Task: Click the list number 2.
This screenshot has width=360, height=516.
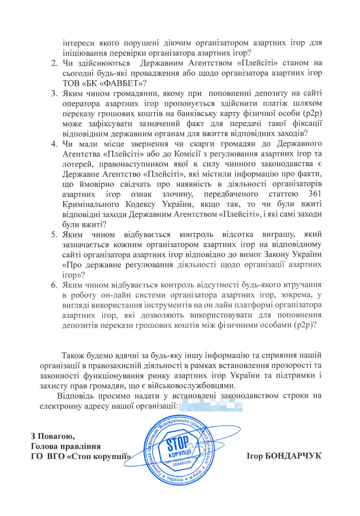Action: click(54, 63)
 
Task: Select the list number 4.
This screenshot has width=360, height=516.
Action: click(54, 144)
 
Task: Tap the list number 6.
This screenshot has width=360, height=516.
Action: click(54, 285)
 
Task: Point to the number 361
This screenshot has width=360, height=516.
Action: click(315, 194)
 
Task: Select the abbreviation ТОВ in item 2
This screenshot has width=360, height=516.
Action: click(71, 83)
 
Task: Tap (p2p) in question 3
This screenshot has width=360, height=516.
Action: click(312, 114)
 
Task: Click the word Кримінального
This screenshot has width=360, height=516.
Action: click(91, 204)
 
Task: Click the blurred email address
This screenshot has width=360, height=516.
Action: click(211, 406)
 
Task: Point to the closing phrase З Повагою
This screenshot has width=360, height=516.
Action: click(53, 436)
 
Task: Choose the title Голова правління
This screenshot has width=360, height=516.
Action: click(66, 446)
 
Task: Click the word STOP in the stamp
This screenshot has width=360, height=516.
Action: click(178, 443)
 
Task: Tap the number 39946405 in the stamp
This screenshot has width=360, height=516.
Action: click(181, 463)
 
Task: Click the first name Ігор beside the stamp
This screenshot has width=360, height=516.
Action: click(255, 456)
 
